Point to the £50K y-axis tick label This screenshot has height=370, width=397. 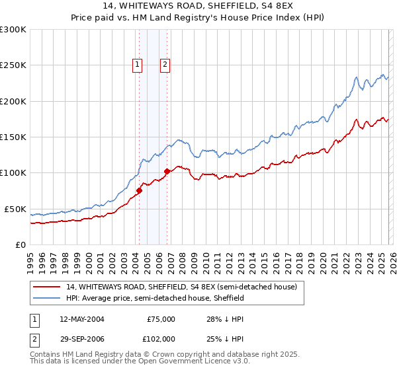[15, 209]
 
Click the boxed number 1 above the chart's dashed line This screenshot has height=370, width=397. [137, 64]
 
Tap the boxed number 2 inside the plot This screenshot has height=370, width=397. [165, 64]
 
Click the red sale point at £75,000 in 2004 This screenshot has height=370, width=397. [139, 191]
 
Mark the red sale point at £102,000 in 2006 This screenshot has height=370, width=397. [167, 172]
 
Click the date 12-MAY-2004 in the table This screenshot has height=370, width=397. [81, 319]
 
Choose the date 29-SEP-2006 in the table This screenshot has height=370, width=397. [81, 338]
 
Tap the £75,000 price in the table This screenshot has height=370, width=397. [161, 319]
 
